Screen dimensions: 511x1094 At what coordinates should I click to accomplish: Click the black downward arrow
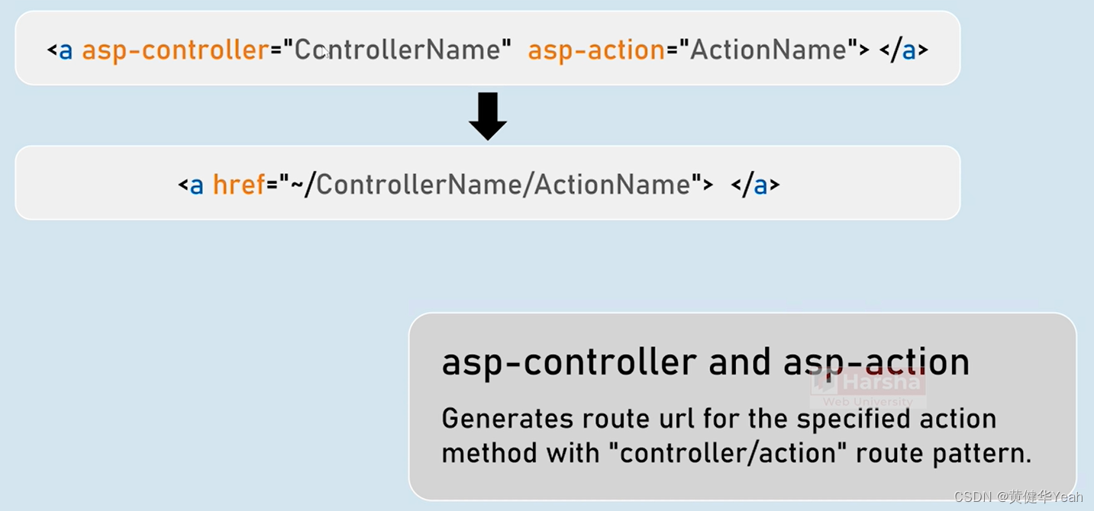[x=488, y=115]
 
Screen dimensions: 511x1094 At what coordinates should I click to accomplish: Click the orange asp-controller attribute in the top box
[x=175, y=50]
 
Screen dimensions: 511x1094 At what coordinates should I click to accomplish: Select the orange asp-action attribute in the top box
[x=596, y=50]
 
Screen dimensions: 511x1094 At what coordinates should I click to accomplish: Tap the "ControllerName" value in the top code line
[x=402, y=50]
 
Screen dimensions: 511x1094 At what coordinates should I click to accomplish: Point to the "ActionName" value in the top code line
[x=768, y=50]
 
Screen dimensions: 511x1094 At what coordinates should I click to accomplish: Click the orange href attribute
[x=238, y=185]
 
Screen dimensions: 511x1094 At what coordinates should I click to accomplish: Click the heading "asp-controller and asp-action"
[x=705, y=362]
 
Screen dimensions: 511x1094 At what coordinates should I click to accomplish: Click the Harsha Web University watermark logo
[x=868, y=387]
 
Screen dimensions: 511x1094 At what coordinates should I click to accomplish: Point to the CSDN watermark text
[x=1018, y=497]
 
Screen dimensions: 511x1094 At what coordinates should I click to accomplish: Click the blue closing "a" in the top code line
[x=908, y=51]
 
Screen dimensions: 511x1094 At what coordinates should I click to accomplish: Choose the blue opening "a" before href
[x=196, y=185]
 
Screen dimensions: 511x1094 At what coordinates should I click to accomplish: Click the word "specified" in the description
[x=853, y=419]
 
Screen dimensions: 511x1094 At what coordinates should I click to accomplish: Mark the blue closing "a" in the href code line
[x=760, y=185]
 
